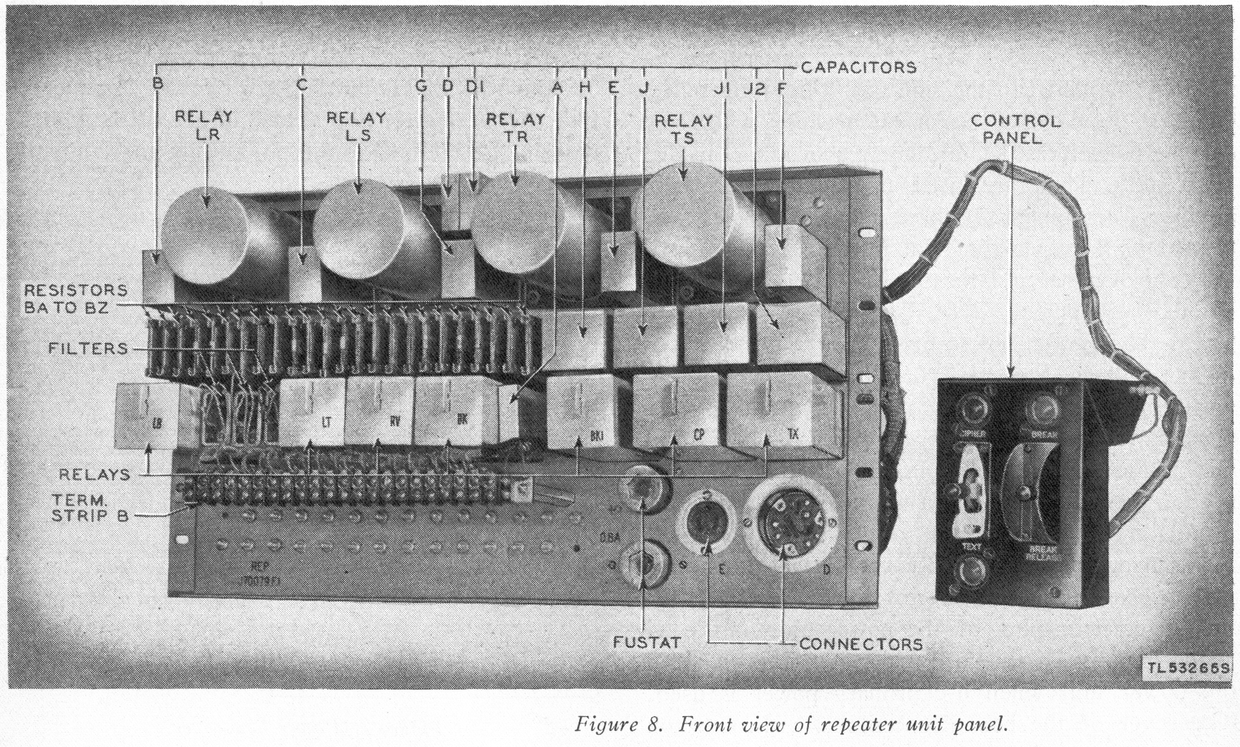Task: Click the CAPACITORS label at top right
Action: click(858, 67)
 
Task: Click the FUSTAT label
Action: click(647, 642)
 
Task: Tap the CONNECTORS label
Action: click(861, 644)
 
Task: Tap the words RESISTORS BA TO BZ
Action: click(76, 298)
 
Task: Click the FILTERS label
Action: click(88, 349)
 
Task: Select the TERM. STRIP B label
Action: click(90, 507)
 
